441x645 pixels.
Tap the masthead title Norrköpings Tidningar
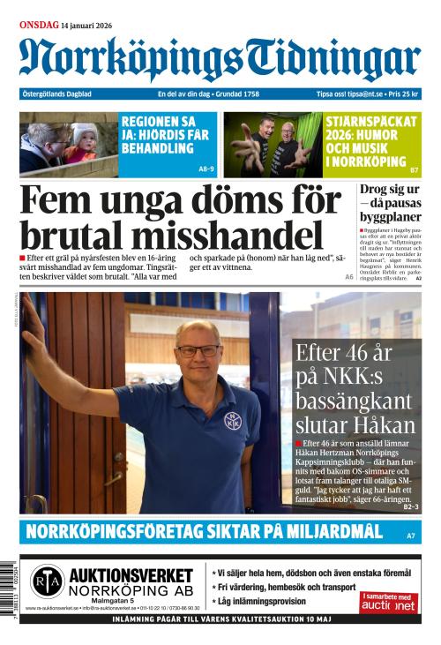click(220, 60)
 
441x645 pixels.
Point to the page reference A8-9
click(206, 169)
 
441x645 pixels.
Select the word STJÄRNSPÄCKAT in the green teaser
click(370, 121)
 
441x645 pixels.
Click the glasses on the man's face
click(198, 350)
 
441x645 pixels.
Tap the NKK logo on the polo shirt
click(232, 419)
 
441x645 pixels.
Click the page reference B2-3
click(410, 507)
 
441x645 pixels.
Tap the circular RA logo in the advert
click(47, 582)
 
